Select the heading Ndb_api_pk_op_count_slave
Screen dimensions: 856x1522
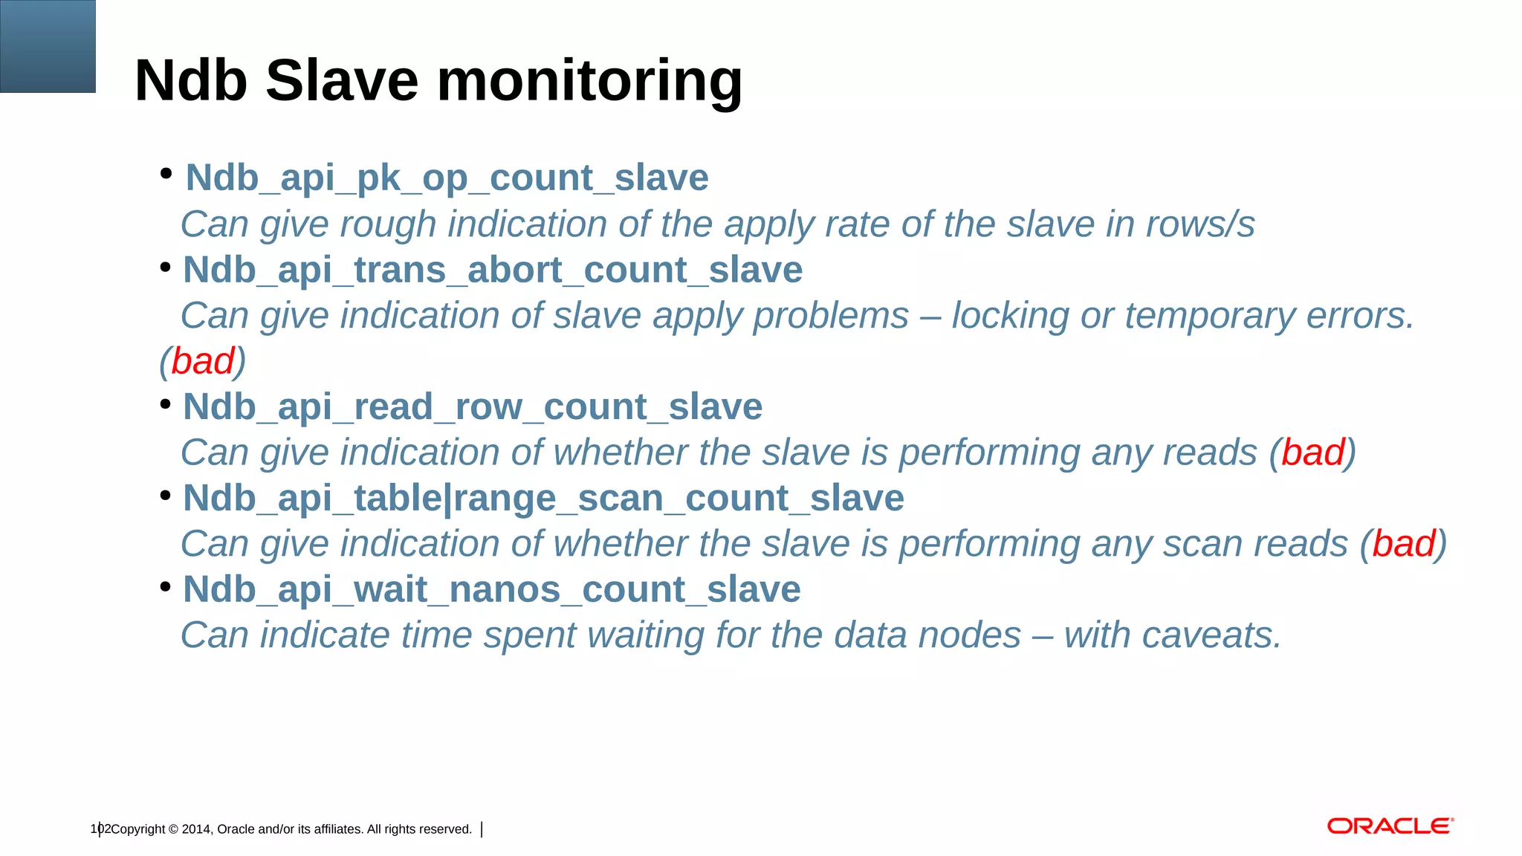pyautogui.click(x=447, y=178)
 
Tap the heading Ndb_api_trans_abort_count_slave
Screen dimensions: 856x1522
pyautogui.click(x=493, y=270)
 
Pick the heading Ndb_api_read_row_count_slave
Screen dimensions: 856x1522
pyautogui.click(x=473, y=407)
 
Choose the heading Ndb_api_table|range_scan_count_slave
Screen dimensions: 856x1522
pyautogui.click(x=543, y=499)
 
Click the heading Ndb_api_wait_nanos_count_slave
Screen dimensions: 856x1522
pyautogui.click(x=491, y=590)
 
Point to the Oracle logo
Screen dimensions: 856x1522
pyautogui.click(x=1390, y=826)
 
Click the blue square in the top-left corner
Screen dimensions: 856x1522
pyautogui.click(x=48, y=46)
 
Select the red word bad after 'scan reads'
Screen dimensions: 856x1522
pyautogui.click(x=1403, y=544)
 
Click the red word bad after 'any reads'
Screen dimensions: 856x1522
pyautogui.click(x=1312, y=453)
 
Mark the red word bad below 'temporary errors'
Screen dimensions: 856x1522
pyautogui.click(x=202, y=362)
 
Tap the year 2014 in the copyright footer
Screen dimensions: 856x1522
pyautogui.click(x=196, y=829)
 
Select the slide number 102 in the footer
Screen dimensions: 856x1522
pyautogui.click(x=100, y=829)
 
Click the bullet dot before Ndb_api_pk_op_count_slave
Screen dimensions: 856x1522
pyautogui.click(x=166, y=175)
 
